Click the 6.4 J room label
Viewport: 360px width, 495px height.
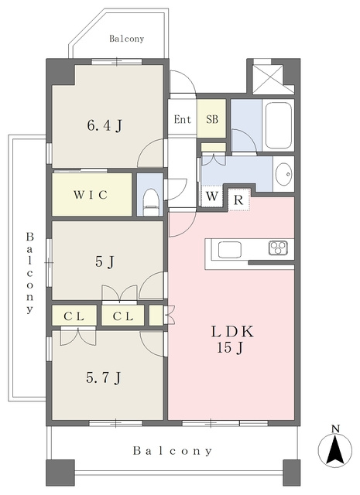coord(105,126)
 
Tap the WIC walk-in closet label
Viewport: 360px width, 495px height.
coord(91,195)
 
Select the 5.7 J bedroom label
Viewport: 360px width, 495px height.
coord(103,377)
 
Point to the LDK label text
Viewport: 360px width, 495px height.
coord(232,332)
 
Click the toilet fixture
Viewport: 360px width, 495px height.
coord(150,202)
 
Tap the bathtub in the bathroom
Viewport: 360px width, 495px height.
coord(278,125)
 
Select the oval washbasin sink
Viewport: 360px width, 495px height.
coord(283,174)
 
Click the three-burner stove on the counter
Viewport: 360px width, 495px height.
coord(279,247)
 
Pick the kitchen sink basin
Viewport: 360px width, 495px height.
coord(230,249)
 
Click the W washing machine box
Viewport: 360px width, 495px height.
coord(212,196)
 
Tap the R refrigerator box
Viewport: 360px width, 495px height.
coord(238,200)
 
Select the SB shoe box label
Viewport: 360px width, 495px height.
coord(212,119)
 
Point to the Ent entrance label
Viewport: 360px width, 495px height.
coord(183,119)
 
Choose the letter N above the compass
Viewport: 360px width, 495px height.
coord(335,428)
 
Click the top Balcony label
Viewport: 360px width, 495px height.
coord(126,39)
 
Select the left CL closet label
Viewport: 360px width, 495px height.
coord(74,316)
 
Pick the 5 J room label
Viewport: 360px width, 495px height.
coord(105,261)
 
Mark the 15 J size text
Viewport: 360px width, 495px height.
coord(231,348)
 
